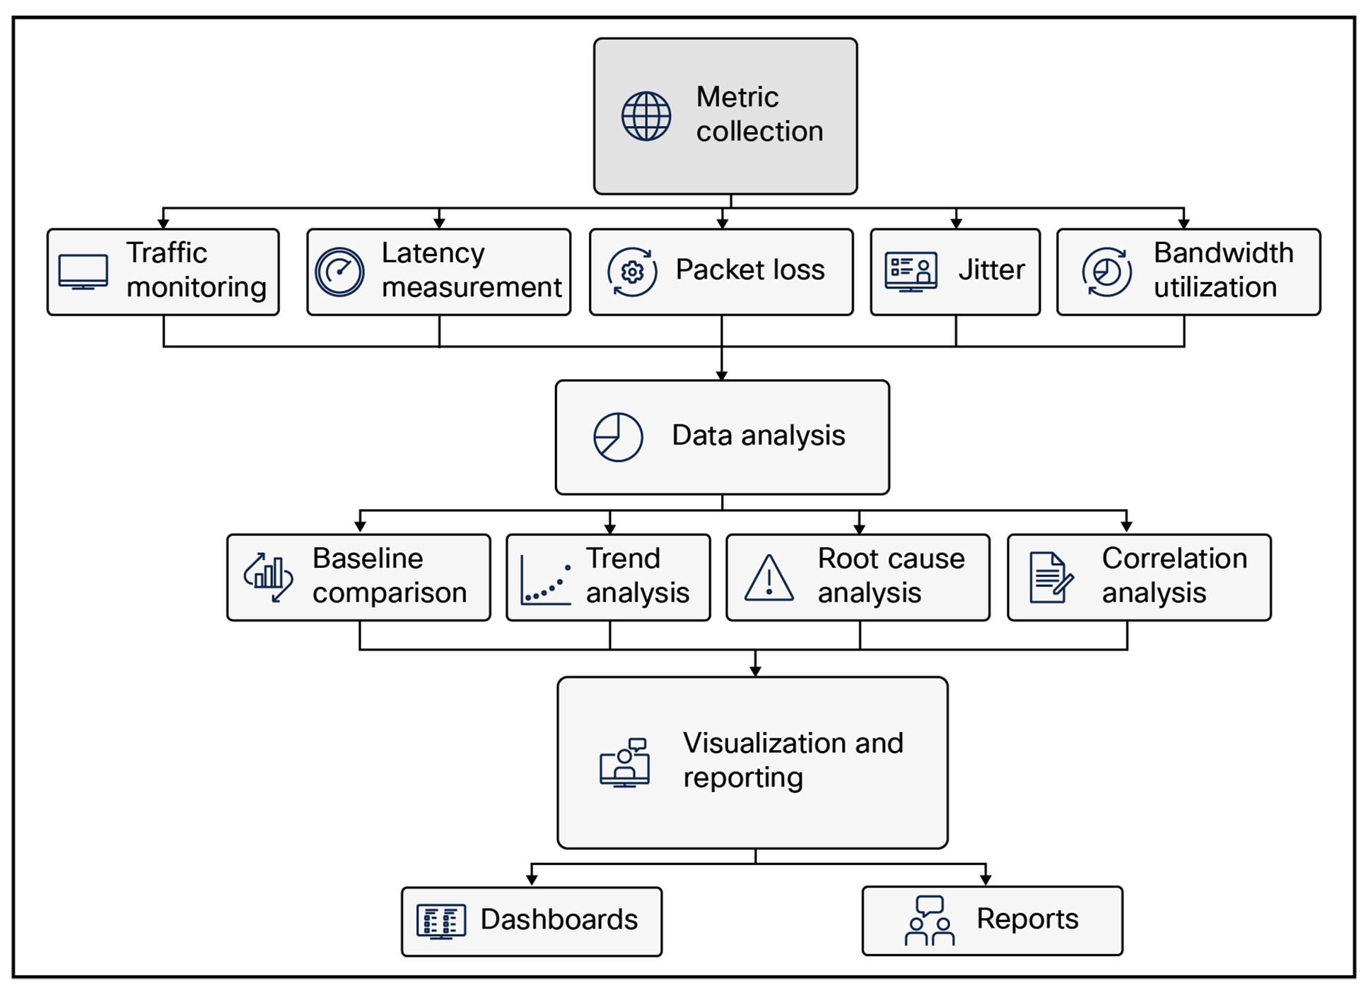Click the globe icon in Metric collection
coord(645,116)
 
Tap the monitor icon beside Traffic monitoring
coord(83,272)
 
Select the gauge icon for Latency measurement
coord(339,272)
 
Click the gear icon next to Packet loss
coord(632,272)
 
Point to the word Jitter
coord(991,270)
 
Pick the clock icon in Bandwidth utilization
coord(1106,272)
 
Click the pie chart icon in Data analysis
coord(618,437)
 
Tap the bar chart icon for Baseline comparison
coord(269,577)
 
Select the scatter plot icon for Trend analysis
coord(546,582)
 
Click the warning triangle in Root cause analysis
coord(769,579)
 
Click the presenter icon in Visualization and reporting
coord(625,763)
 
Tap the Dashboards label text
coord(559,919)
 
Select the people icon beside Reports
coord(930,921)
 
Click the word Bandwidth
coord(1223,253)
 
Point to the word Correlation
coord(1174,559)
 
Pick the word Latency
coord(433,253)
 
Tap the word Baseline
coord(368,559)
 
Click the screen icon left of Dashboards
coord(441,921)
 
